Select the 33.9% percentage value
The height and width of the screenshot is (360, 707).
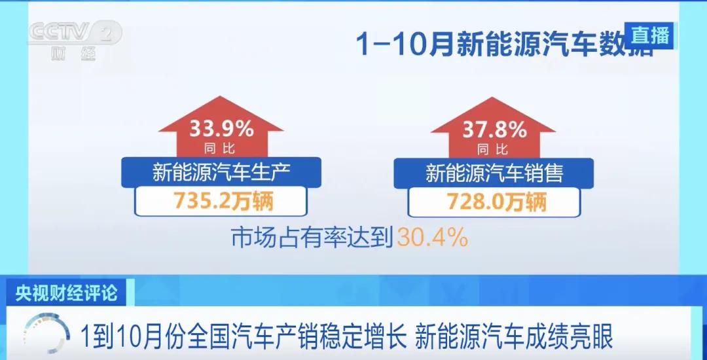click(221, 130)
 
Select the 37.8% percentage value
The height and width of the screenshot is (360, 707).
click(494, 130)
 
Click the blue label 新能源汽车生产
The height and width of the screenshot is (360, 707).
click(221, 172)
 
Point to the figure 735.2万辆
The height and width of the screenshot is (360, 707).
click(221, 202)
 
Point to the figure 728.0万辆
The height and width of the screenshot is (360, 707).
click(494, 202)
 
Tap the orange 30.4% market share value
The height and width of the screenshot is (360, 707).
click(432, 238)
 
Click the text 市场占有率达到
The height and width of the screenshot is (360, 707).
click(313, 238)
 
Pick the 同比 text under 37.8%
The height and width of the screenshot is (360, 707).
click(493, 149)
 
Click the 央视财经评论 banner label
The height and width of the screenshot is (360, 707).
click(67, 293)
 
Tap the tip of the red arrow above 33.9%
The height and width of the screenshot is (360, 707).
click(221, 96)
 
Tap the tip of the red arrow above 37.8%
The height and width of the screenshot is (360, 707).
click(494, 98)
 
